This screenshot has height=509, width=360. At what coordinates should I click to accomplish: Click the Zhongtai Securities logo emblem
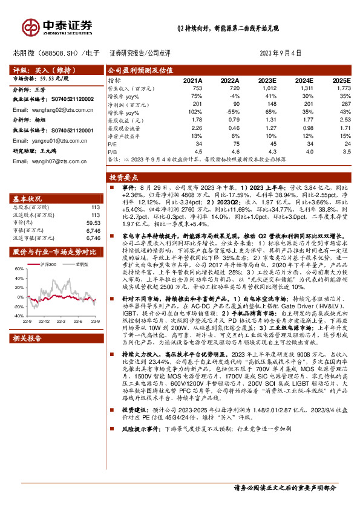pyautogui.click(x=31, y=27)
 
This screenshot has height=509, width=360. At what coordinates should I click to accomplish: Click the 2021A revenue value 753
pyautogui.click(x=197, y=88)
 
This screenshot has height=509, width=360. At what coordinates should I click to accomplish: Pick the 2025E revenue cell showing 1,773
pyautogui.click(x=344, y=88)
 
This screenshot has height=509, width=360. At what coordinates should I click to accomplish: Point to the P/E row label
pyautogui.click(x=113, y=144)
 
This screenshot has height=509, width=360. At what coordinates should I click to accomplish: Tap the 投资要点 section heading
pyautogui.click(x=124, y=178)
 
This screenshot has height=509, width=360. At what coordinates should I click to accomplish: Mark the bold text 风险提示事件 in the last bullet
pyautogui.click(x=137, y=462)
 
